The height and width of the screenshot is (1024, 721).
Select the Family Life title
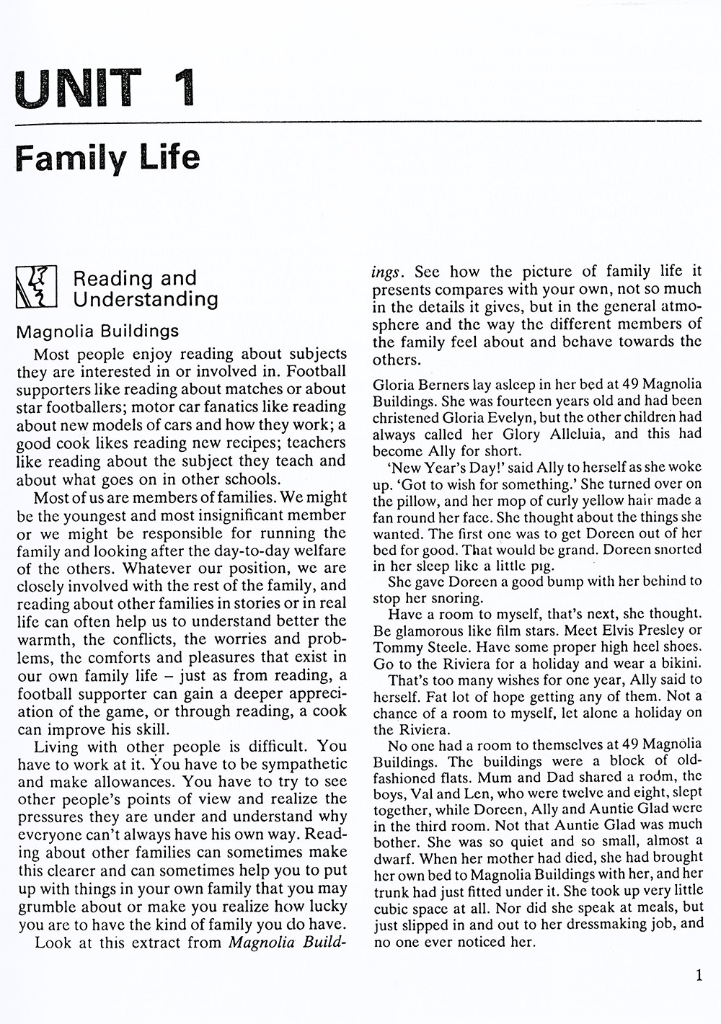click(107, 157)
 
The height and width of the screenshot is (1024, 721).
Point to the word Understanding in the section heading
click(146, 299)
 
